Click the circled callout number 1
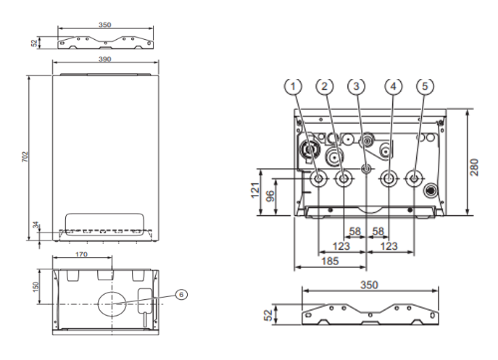tap(293, 85)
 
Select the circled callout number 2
tap(326, 85)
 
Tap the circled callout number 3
tap(357, 85)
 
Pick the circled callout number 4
tap(393, 85)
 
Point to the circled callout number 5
tap(426, 85)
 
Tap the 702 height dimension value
tap(25, 156)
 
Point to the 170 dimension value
tap(81, 255)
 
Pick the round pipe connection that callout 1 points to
tap(318, 180)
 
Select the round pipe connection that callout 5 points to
tap(413, 180)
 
